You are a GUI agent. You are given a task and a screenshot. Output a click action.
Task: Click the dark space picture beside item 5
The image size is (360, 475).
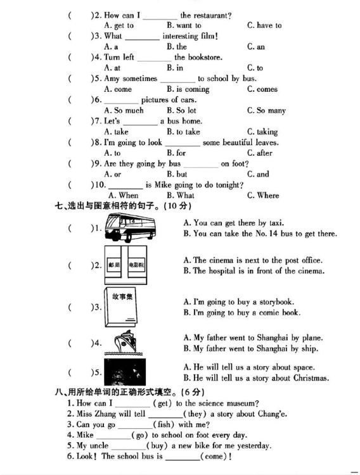(125, 372)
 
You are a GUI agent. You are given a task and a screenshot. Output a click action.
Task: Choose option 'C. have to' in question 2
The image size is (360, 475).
(264, 25)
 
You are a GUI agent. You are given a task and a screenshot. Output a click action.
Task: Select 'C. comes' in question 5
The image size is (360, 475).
(262, 89)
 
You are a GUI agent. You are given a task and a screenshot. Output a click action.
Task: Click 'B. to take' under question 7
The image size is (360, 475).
(183, 132)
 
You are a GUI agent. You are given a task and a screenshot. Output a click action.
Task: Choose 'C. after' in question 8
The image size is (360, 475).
(260, 153)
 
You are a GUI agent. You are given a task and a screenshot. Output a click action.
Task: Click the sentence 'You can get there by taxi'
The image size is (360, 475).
(234, 223)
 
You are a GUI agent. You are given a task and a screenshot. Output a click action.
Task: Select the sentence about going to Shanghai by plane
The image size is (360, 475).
(253, 338)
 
